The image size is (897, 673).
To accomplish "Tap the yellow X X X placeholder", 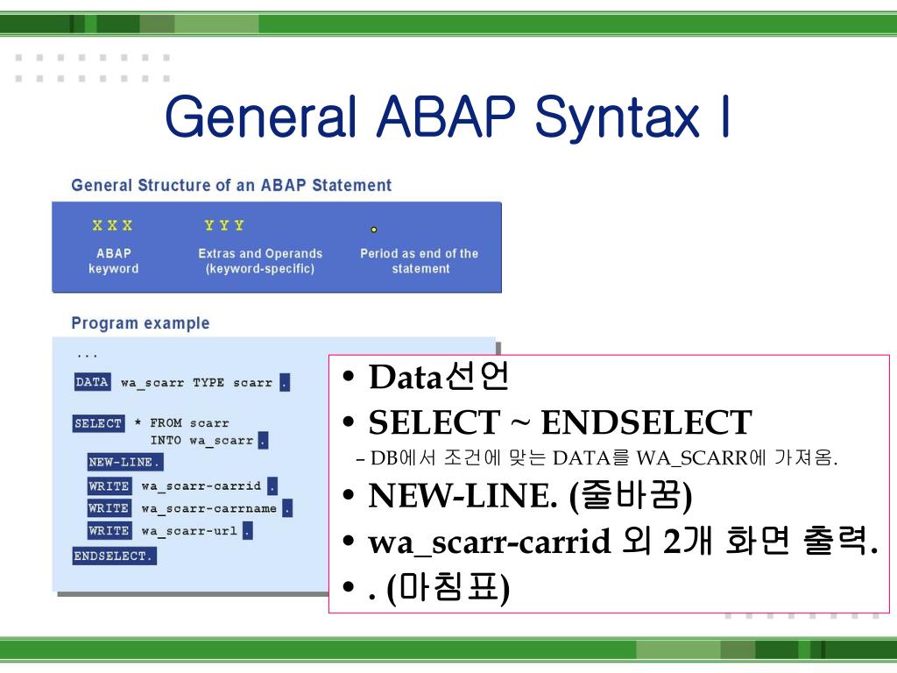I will click(x=113, y=225).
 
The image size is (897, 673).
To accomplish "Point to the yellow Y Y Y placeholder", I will click(x=224, y=225).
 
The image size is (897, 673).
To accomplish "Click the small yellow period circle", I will click(x=374, y=230).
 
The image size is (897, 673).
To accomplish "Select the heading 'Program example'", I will click(x=140, y=323).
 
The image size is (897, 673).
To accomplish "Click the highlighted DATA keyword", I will click(x=92, y=382).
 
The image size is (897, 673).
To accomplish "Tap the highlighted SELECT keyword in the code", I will click(x=98, y=423).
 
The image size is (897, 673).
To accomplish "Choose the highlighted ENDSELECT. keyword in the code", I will click(x=114, y=556).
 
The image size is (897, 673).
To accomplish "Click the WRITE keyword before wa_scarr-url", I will click(x=109, y=530).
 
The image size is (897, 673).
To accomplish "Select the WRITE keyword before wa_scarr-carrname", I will click(x=109, y=508).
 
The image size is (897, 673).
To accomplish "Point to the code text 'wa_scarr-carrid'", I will click(x=201, y=486).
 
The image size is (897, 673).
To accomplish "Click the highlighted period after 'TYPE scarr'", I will click(x=285, y=383).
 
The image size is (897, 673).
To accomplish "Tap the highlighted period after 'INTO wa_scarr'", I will click(x=263, y=441).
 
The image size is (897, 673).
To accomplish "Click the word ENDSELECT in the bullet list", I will click(x=646, y=423).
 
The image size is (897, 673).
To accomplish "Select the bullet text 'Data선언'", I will click(x=438, y=378).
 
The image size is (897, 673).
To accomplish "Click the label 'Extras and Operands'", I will click(x=260, y=253).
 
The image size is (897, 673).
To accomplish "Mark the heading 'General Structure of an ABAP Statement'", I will click(x=231, y=185).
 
